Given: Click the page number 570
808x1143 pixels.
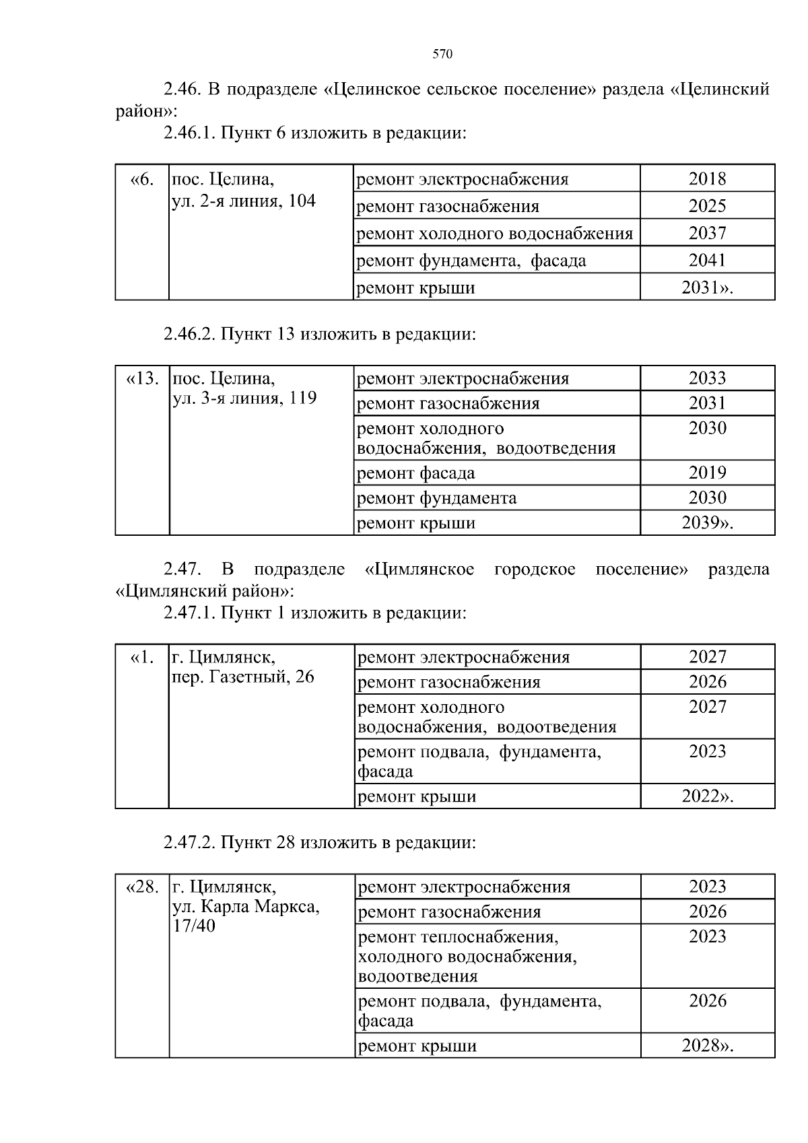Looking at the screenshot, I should [442, 55].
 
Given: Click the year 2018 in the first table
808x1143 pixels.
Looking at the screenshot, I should [707, 178].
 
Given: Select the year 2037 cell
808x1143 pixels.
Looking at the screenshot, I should [707, 233].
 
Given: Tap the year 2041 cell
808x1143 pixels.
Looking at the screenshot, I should [707, 260].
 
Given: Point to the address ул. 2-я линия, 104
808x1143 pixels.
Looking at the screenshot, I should [244, 201].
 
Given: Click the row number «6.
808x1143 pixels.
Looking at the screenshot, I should [142, 179].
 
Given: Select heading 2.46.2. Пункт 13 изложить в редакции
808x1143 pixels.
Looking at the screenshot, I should [319, 334].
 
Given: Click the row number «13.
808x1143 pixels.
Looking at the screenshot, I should [142, 378].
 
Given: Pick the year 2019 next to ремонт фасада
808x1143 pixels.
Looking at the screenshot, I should [707, 473].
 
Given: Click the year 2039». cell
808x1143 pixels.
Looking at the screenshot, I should [707, 523].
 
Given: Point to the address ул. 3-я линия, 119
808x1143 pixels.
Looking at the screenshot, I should [244, 399].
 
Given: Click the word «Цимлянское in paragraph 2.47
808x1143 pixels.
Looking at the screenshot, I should [419, 569].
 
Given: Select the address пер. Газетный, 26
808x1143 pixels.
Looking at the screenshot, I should [243, 677].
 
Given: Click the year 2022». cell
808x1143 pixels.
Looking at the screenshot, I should [707, 796].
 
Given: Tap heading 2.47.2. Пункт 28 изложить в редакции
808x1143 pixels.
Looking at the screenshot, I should [319, 843].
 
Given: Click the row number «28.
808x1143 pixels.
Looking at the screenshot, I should [142, 887].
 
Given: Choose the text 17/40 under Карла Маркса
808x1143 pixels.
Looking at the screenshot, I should [194, 926].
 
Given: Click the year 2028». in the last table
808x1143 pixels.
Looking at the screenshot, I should [707, 1045].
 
